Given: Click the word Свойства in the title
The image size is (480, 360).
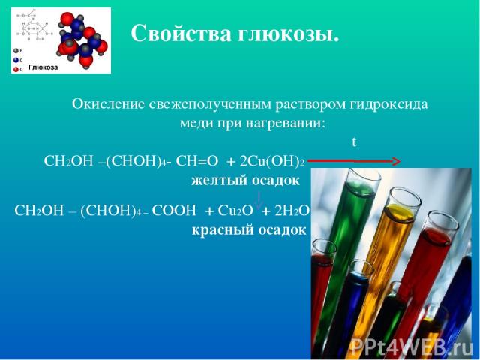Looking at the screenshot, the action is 181,33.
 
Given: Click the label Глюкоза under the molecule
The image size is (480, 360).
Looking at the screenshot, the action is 43,67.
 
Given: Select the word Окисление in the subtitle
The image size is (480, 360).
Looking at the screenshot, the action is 108,104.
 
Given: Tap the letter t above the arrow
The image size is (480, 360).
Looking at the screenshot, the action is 354,142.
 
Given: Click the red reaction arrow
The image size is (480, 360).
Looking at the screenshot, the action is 354,161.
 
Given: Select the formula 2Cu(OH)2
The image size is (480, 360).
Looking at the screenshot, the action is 272,160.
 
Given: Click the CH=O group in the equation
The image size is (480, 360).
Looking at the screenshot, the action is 197,160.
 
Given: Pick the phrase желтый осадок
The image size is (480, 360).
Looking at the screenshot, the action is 245,181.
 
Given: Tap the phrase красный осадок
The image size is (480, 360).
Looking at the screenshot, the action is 249,230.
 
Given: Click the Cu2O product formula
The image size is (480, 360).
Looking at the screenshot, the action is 235,211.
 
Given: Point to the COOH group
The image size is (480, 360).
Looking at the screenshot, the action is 173,211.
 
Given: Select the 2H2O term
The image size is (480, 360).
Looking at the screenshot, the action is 291,211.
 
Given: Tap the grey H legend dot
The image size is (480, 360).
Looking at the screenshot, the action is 16,51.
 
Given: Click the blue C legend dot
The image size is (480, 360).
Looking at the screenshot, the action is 16,60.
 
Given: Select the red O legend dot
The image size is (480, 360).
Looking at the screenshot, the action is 16,70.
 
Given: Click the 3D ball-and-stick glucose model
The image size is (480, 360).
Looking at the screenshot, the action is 82,38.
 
